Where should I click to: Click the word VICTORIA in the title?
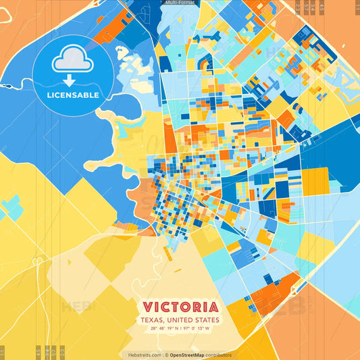pos(180,307)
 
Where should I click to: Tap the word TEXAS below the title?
pos(153,319)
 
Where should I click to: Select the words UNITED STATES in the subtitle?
pos(195,319)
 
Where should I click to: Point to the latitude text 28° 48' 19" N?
pos(164,329)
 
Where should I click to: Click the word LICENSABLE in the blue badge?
pos(73,95)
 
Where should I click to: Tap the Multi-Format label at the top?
pos(180,3)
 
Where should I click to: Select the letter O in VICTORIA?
pos(184,307)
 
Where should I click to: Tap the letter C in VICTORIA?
pos(164,307)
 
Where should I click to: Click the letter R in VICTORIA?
pos(195,307)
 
